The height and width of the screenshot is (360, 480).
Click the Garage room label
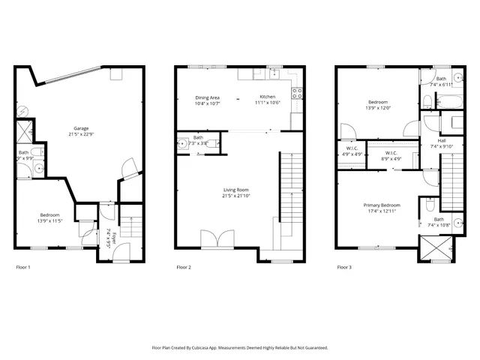point(80,128)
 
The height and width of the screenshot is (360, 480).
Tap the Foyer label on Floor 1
point(109,238)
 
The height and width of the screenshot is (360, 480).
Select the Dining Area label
point(207,97)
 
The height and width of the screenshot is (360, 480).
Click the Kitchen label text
point(268,97)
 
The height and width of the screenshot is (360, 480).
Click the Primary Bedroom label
point(382,205)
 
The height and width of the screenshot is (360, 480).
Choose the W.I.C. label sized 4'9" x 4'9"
point(351,148)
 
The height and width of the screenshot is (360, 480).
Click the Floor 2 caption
point(184,267)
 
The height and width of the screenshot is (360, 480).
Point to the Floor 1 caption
point(23,267)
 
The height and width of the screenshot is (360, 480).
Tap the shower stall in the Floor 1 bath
point(24,132)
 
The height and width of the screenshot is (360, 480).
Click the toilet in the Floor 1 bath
point(40,154)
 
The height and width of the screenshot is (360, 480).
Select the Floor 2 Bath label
point(198,138)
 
